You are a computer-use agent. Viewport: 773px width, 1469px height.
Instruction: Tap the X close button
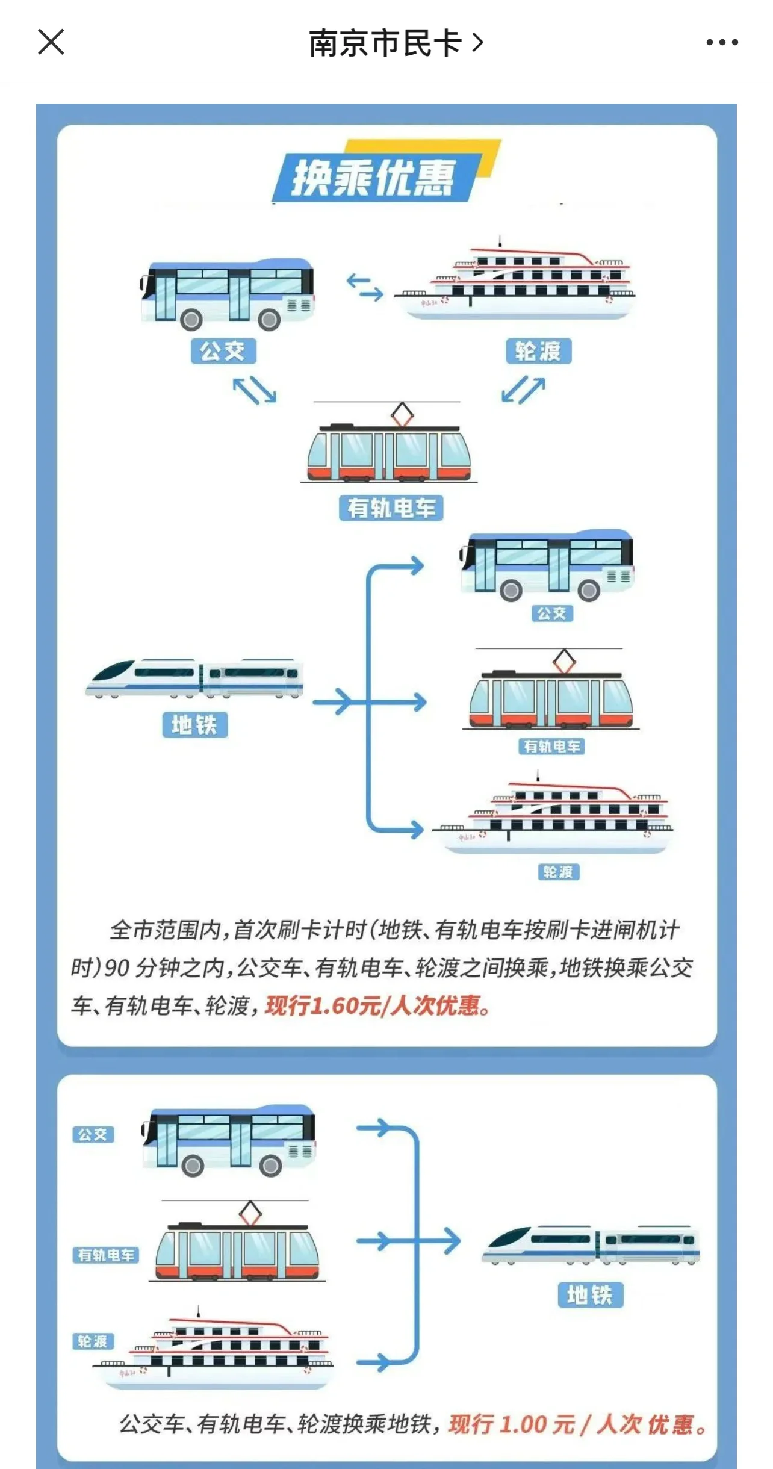point(51,42)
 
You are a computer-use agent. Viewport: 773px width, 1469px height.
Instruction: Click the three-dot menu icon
point(722,42)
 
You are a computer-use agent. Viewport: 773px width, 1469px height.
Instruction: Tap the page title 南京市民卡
point(385,43)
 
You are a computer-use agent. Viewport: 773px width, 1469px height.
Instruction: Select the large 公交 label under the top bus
point(223,351)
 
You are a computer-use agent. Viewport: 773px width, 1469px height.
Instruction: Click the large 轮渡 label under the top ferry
point(538,351)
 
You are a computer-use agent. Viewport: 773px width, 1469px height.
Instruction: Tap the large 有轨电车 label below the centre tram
point(391,508)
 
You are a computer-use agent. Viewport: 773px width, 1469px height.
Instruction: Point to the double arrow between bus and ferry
point(365,287)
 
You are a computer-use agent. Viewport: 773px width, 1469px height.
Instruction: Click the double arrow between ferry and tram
point(523,390)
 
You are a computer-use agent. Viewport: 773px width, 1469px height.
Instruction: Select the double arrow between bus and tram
point(255,390)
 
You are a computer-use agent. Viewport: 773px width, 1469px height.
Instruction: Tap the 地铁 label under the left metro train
point(194,724)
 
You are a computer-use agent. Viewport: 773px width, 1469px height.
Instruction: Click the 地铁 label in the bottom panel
point(590,1295)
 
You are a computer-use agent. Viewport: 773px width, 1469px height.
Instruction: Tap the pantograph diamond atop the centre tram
point(402,414)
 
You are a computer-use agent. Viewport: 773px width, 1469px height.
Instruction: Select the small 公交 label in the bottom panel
point(93,1135)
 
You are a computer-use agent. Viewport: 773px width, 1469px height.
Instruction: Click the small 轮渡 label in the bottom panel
point(93,1342)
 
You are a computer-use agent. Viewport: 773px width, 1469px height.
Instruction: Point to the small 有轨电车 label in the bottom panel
point(106,1255)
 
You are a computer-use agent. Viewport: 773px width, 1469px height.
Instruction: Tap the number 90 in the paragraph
point(117,968)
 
